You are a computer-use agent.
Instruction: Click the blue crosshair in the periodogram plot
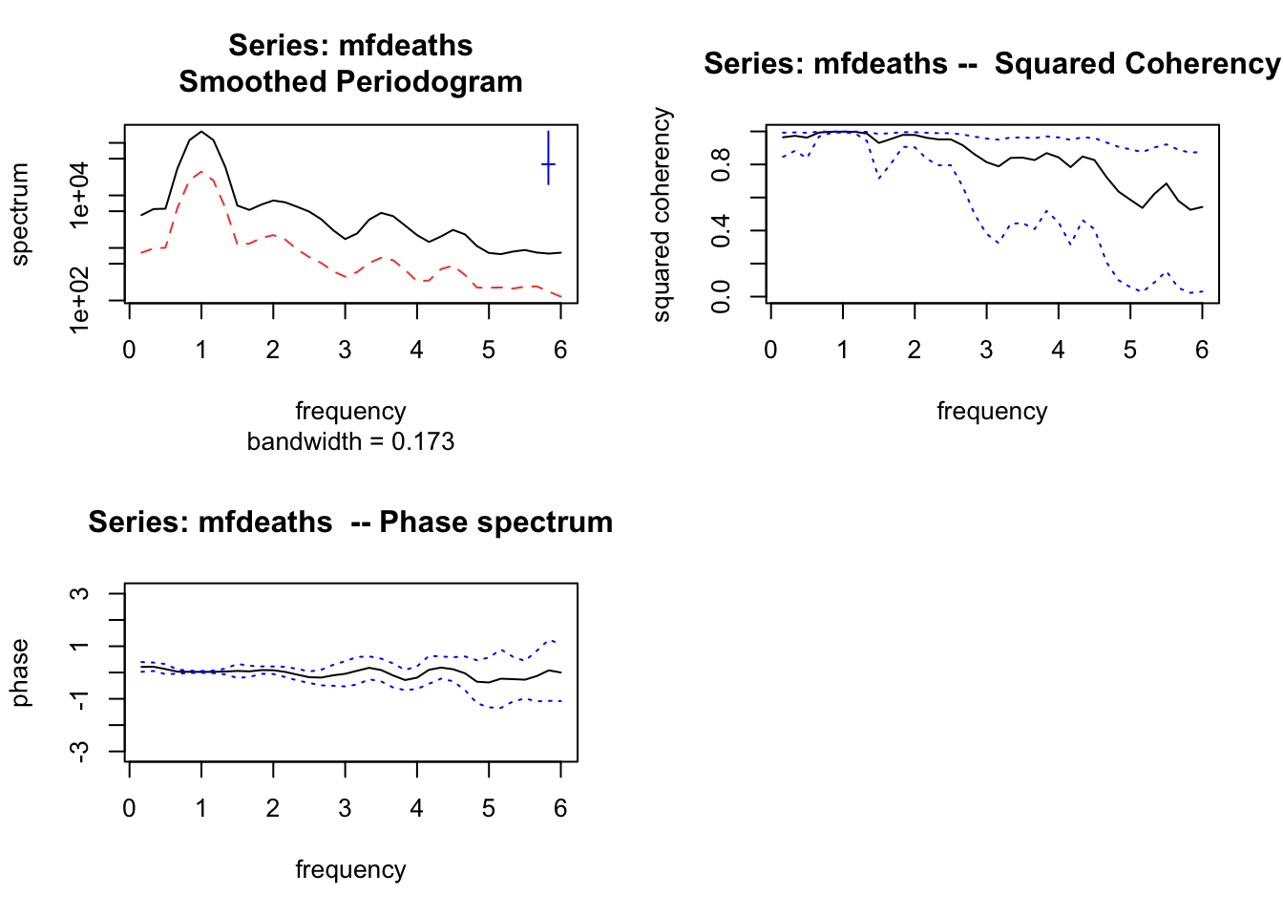point(548,164)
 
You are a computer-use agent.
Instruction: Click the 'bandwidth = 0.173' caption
point(350,441)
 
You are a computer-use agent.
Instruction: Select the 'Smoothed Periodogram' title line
point(350,82)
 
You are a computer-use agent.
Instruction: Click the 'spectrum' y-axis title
point(20,214)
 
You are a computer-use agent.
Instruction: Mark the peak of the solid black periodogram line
point(200,132)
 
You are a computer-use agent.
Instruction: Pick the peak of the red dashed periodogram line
point(200,172)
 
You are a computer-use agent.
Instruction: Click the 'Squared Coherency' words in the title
point(1136,64)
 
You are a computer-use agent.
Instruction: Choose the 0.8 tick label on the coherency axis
point(722,164)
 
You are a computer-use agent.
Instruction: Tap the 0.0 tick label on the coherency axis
point(722,296)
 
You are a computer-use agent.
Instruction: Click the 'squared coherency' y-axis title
point(662,214)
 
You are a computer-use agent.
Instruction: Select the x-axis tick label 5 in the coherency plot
point(1129,350)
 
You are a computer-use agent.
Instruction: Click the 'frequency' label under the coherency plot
point(992,411)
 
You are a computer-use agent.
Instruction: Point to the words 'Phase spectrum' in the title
point(495,522)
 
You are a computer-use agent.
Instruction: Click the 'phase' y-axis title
point(20,672)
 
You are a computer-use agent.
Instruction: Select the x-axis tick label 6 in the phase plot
point(560,808)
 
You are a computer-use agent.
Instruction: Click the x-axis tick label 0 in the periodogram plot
point(129,350)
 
